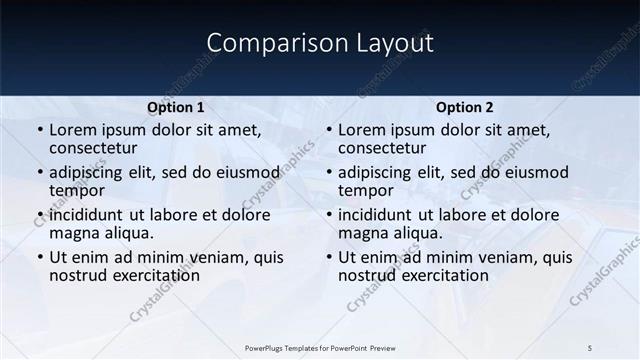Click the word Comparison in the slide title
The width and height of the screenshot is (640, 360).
[264, 44]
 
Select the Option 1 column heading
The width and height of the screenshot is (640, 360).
[176, 107]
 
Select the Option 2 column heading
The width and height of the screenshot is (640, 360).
[465, 107]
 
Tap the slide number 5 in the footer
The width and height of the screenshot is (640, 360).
[590, 347]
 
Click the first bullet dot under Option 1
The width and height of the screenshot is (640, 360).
[39, 130]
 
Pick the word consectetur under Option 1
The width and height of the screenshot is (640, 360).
[97, 148]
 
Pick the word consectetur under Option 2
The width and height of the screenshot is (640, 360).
[386, 148]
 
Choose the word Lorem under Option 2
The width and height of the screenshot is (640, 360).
[362, 130]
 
